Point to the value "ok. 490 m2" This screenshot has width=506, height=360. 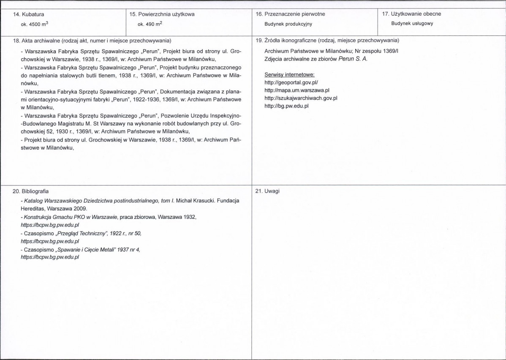tap(150, 24)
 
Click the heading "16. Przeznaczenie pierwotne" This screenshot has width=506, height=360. tap(291, 14)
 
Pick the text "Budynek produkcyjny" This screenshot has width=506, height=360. tap(288, 24)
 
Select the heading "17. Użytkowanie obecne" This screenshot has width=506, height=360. tap(411, 14)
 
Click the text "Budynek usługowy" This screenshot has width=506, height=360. tap(412, 24)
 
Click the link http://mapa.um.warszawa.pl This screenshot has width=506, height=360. tap(297, 90)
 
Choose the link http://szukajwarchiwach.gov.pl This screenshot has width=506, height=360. tap(301, 98)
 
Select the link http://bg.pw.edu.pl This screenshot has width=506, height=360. tap(286, 106)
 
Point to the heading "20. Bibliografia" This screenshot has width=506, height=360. tap(31, 191)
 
